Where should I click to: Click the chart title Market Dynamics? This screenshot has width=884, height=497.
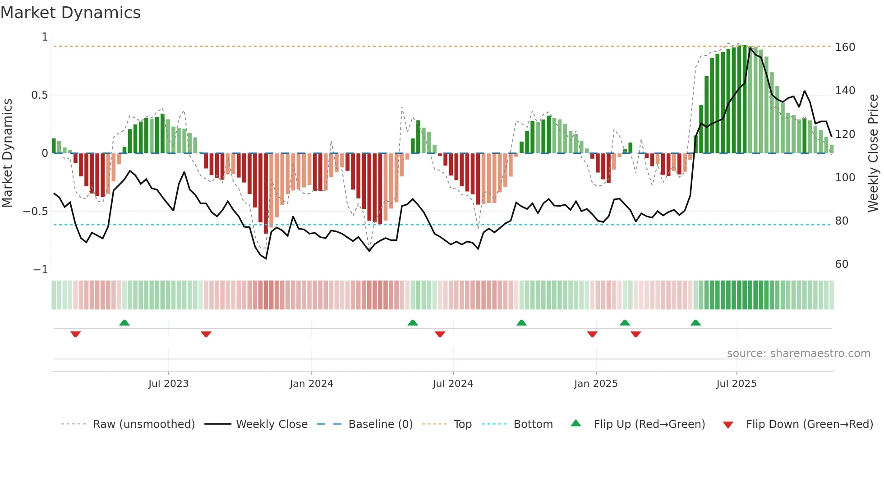coord(70,13)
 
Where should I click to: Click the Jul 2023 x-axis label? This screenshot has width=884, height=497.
coord(168,384)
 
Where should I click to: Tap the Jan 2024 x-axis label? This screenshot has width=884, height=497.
coord(311,384)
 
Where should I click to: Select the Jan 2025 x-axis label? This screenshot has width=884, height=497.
coord(595,384)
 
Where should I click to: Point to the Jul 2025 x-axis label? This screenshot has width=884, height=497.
coord(736,384)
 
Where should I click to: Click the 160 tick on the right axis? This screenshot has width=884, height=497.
coord(845,47)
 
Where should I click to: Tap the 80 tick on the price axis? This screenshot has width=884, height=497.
coord(842,221)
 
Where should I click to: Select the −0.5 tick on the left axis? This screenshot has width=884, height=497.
coord(36,212)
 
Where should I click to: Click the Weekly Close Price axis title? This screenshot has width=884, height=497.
coord(873,153)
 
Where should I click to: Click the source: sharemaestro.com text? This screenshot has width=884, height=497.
coord(798,354)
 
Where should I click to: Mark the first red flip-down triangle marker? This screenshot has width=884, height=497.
coord(75,334)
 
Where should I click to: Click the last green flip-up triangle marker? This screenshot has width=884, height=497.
coord(695,322)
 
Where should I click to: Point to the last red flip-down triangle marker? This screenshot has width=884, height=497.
coord(635,334)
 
